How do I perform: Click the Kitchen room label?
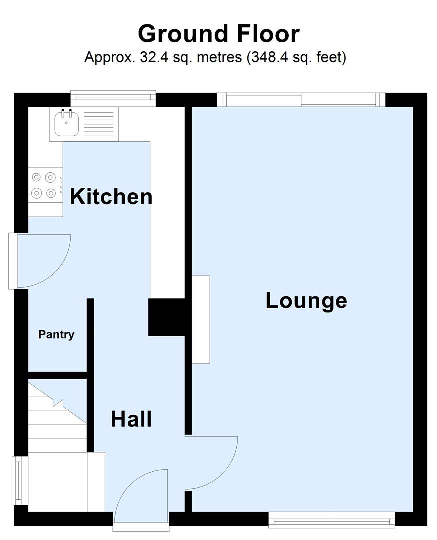(x=111, y=197)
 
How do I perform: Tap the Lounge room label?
(x=306, y=301)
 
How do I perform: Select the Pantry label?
(x=56, y=335)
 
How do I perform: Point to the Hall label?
(x=131, y=419)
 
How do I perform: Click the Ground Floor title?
(x=218, y=34)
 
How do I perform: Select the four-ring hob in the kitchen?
(x=44, y=185)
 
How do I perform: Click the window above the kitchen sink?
(x=113, y=99)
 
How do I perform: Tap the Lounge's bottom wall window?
(x=332, y=520)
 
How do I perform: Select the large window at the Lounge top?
(x=301, y=100)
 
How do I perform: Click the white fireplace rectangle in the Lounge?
(x=201, y=319)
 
